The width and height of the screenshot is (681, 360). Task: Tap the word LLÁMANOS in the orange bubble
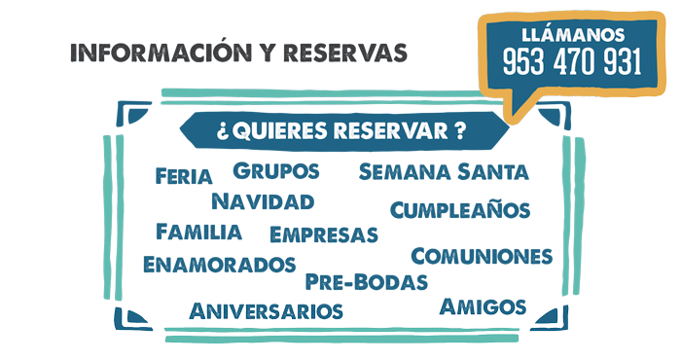(x=572, y=35)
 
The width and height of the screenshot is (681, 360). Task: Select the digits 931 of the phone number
(x=622, y=63)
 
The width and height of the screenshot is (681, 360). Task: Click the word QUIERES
(x=280, y=131)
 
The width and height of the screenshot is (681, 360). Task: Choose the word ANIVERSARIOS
(x=266, y=312)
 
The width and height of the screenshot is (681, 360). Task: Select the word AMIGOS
(x=483, y=309)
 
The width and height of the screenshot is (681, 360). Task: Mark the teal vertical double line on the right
(x=574, y=214)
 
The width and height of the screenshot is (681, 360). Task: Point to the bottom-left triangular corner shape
(x=130, y=319)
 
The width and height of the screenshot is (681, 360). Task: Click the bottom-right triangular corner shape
(x=551, y=319)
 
